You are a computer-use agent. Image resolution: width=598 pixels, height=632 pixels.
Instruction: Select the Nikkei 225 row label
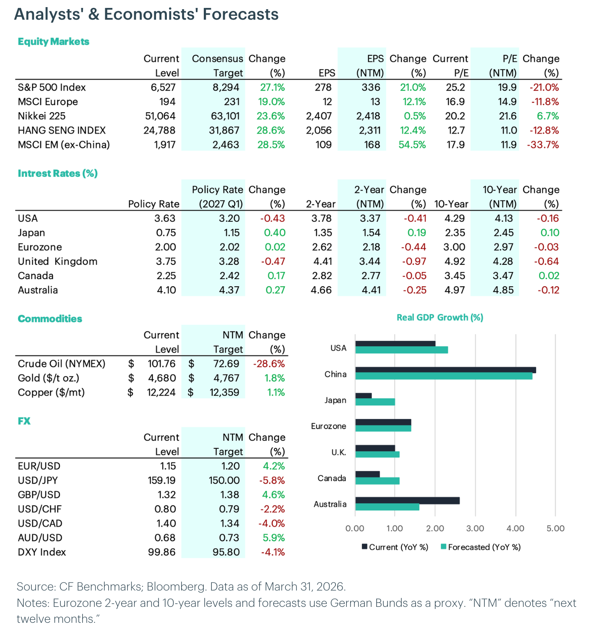tap(42, 116)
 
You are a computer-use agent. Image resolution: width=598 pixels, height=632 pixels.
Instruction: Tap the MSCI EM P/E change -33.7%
tap(543, 145)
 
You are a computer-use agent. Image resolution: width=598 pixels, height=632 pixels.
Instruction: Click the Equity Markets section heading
tap(53, 41)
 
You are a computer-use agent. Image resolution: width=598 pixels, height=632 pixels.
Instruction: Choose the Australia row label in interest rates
tap(38, 290)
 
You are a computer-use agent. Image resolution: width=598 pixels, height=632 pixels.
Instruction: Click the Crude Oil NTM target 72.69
tap(226, 364)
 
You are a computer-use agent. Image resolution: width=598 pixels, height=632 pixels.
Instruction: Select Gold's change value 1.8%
tap(274, 378)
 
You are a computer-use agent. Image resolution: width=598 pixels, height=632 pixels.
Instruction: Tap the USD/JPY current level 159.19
tap(161, 480)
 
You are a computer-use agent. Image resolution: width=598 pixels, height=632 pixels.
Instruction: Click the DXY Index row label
tap(42, 552)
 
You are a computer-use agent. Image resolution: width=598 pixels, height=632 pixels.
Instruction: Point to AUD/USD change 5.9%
tap(273, 538)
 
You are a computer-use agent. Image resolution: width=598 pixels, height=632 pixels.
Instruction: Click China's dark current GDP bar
tap(445, 370)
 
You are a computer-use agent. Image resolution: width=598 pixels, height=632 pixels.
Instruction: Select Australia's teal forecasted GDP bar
tap(387, 507)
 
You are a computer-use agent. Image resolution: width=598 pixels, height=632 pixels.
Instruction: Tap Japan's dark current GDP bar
tap(363, 396)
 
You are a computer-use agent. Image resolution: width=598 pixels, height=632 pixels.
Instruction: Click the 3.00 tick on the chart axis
tap(475, 528)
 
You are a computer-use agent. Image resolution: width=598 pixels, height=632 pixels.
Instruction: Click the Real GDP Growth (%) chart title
tap(440, 318)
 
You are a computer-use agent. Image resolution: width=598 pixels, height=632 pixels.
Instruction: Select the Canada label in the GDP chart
tap(332, 478)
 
